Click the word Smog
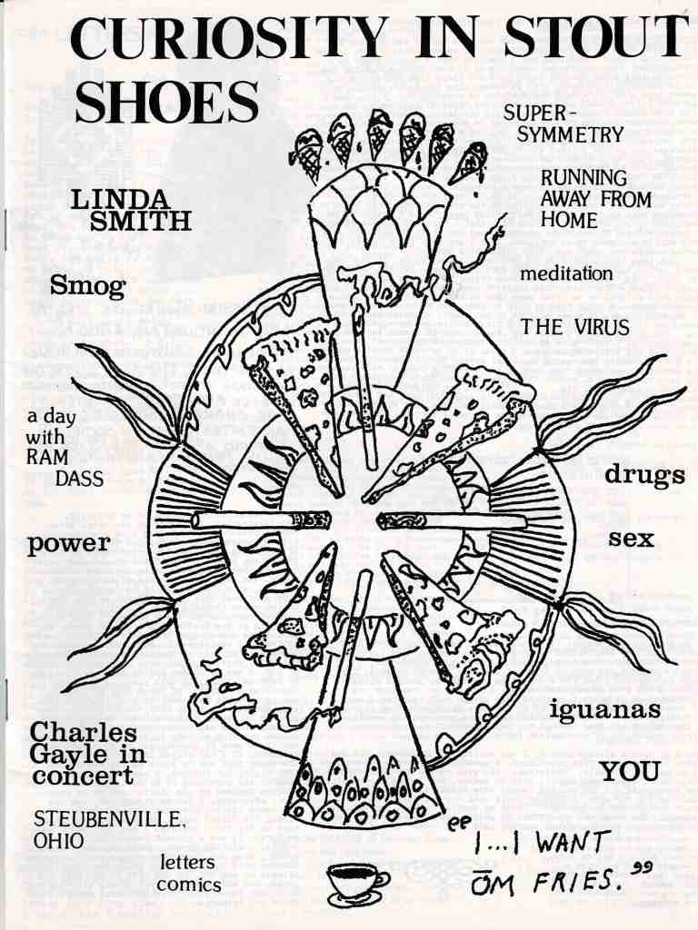click(88, 287)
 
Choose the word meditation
click(566, 273)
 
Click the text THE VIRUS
click(573, 328)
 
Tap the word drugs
click(644, 475)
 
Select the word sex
click(631, 538)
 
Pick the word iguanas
click(604, 709)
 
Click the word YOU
click(629, 772)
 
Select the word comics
click(189, 883)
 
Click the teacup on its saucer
click(355, 881)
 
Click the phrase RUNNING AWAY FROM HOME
click(595, 198)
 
